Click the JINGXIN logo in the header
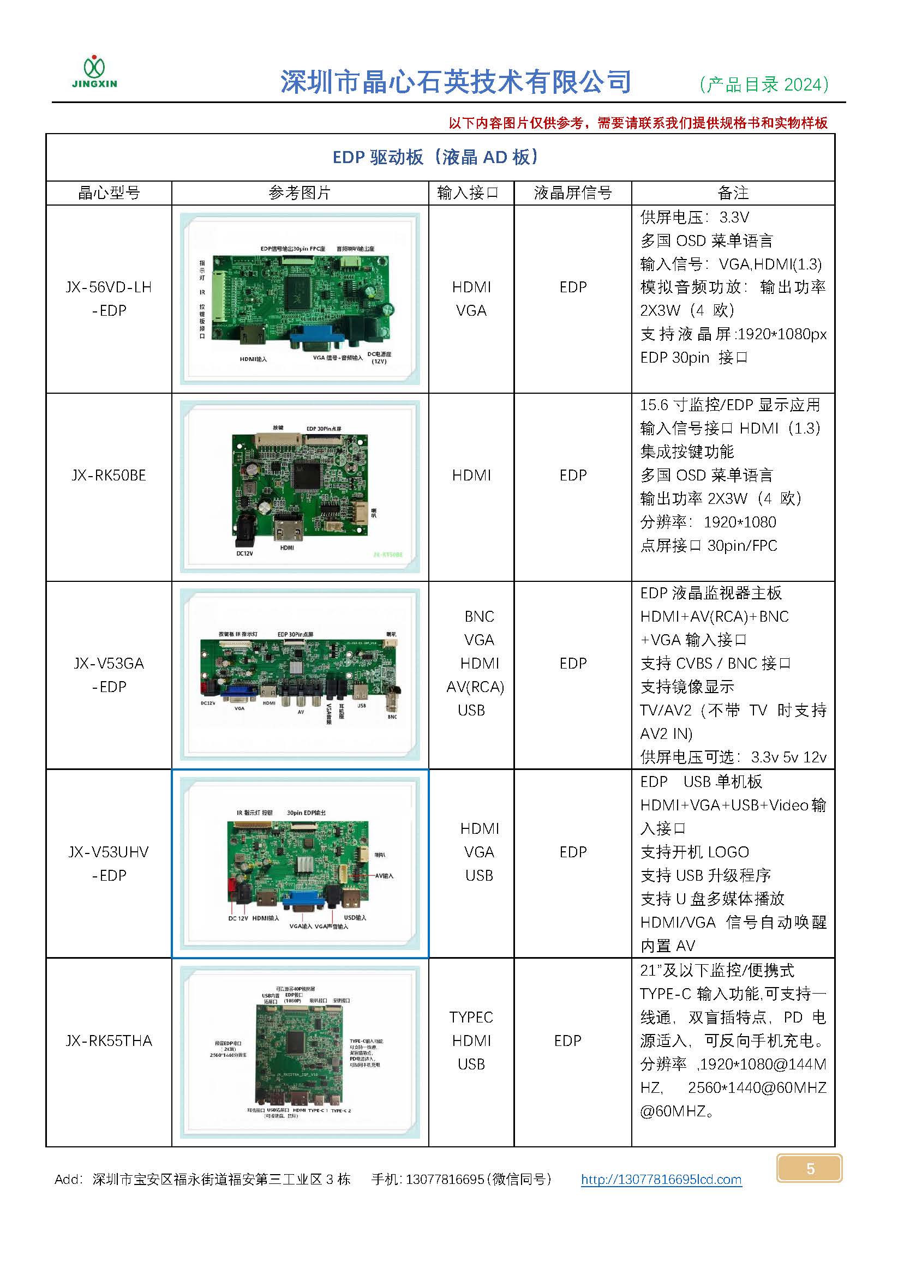pos(94,72)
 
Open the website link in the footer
pos(661,1180)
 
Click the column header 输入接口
pos(468,193)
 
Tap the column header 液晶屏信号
pos(572,193)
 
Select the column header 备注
pos(733,193)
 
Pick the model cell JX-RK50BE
pos(109,476)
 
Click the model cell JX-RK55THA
pos(109,1041)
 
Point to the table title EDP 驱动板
pos(436,158)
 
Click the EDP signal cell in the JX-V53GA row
pos(572,663)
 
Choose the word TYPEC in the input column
pos(471,1018)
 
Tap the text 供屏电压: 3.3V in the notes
pos(695,217)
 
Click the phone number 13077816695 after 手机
pos(445,1180)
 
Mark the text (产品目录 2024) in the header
pos(764,84)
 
